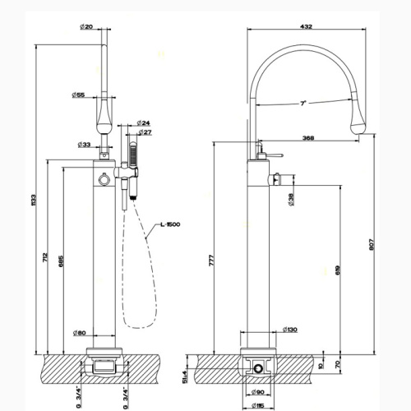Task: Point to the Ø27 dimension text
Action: pos(144,132)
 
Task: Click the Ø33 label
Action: pos(84,144)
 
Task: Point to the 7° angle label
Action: pos(303,103)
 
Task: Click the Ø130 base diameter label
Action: pos(289,330)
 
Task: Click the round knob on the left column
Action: pos(103,179)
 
